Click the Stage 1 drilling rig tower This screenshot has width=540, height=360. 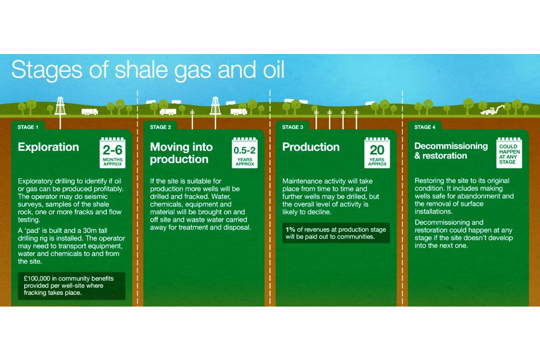coord(60,105)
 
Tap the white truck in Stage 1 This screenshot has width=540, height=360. coord(89,111)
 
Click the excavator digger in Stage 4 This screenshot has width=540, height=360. coord(493,110)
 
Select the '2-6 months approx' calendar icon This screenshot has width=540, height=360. coord(112,152)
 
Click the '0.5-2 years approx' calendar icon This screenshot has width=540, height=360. coord(245,152)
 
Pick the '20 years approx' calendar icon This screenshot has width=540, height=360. coord(377,152)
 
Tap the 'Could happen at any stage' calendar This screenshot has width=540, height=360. coord(509,152)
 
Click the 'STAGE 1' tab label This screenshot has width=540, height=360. coord(28,127)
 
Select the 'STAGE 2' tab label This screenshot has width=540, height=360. coord(160,127)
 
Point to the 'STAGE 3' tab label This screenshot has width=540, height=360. coord(292,127)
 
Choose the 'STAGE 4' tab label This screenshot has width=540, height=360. coord(425,127)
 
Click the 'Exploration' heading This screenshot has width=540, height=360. coord(48,147)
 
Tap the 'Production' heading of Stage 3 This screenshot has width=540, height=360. coord(311,147)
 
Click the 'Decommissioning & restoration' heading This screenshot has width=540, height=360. coord(451,151)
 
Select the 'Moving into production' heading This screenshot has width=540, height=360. coord(182,153)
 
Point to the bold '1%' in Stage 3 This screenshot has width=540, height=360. coord(290,229)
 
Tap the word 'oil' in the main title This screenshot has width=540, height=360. coord(274,69)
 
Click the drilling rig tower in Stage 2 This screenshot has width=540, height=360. coord(215,105)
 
